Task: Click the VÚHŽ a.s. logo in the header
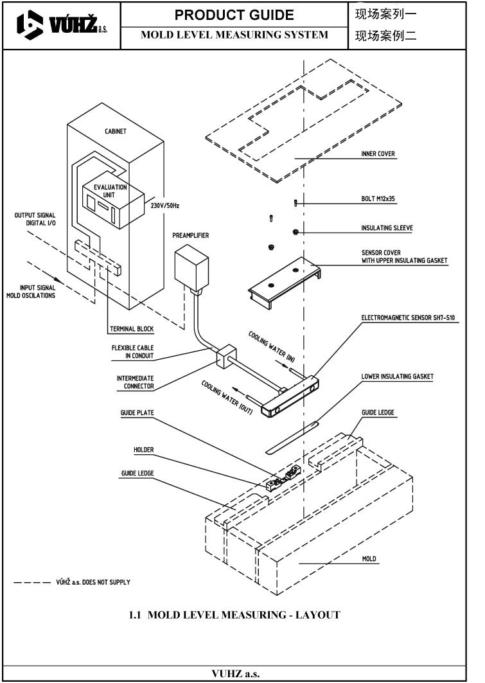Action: click(61, 26)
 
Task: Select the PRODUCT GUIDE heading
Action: click(234, 15)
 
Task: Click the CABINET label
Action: click(116, 131)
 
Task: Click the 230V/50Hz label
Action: click(165, 206)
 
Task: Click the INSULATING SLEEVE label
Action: click(387, 227)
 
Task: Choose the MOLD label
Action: click(369, 559)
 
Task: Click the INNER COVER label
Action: click(378, 154)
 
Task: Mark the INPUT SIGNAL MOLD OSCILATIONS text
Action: click(31, 292)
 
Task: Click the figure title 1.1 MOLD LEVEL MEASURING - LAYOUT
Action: click(234, 615)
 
